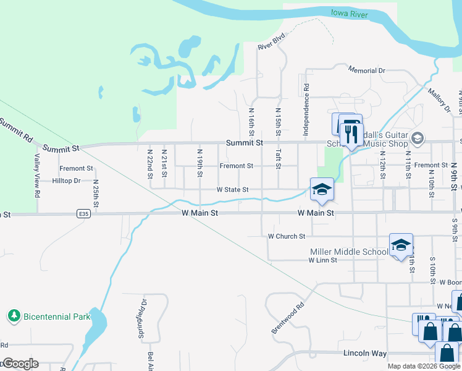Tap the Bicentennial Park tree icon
(14, 316)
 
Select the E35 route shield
(84, 213)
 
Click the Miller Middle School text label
(349, 252)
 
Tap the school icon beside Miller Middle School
(401, 246)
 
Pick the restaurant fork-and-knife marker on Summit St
(351, 134)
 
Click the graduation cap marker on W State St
(321, 190)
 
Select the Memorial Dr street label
(366, 70)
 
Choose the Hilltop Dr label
(67, 181)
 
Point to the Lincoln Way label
(364, 353)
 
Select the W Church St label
(287, 236)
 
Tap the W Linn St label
(322, 260)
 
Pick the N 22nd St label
(150, 163)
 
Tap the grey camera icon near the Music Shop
(418, 138)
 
